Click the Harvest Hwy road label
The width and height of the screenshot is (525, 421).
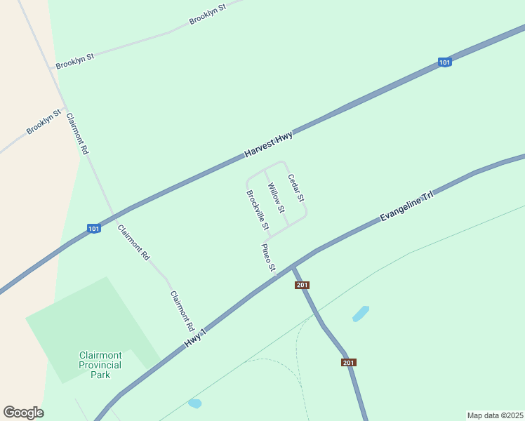269,145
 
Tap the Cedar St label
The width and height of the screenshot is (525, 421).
295,188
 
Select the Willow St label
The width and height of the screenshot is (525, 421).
276,198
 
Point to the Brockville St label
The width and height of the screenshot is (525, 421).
258,210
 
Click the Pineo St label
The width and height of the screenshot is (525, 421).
267,258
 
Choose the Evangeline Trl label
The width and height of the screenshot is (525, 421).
406,206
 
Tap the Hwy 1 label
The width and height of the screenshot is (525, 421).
196,338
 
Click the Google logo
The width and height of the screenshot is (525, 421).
23,413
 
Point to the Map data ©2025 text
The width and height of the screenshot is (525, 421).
495,415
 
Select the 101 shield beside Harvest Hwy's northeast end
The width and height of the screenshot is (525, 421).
444,62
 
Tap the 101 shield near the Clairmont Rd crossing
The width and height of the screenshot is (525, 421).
94,228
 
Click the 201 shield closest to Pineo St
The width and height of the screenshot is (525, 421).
303,285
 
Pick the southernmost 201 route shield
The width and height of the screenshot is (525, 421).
349,362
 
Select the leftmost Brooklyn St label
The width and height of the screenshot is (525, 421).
44,122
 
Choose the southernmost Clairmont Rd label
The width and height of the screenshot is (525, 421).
182,312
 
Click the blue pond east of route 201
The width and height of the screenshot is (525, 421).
361,313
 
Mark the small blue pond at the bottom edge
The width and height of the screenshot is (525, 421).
194,403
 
